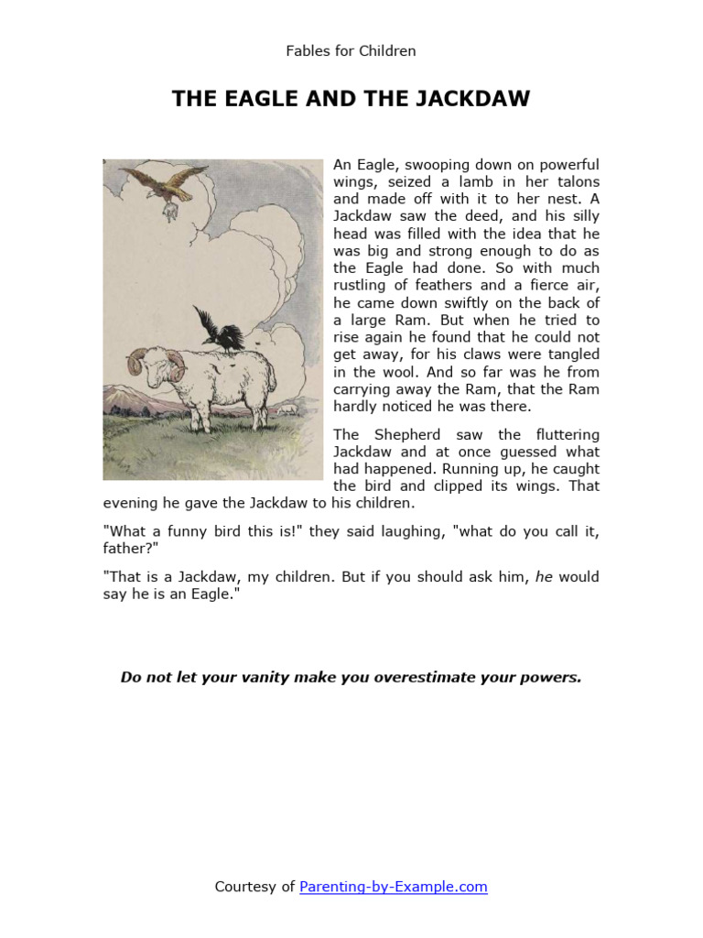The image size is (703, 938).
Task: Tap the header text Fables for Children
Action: [x=351, y=51]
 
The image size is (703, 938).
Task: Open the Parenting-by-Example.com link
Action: [x=393, y=887]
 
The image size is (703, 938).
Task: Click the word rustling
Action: [x=361, y=286]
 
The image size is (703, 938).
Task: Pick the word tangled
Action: [x=569, y=354]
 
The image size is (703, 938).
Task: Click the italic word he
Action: [x=544, y=578]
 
